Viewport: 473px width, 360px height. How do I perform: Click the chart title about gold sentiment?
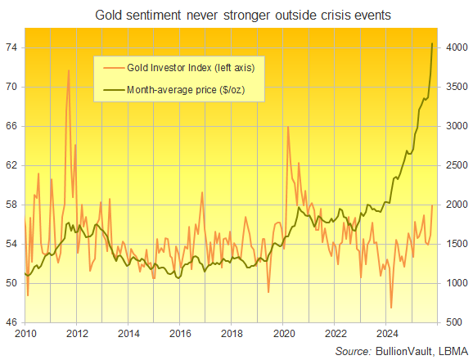236,16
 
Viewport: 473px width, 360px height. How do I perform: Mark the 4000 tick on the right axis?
457,47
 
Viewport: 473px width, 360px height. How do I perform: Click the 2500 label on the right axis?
457,165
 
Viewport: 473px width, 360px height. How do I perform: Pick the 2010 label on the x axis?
25,334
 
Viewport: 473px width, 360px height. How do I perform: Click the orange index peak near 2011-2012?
68,70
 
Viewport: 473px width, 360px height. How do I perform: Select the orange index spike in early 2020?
287,127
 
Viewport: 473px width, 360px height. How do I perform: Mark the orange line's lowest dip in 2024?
391,308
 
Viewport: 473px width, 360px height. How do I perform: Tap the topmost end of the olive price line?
433,43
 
